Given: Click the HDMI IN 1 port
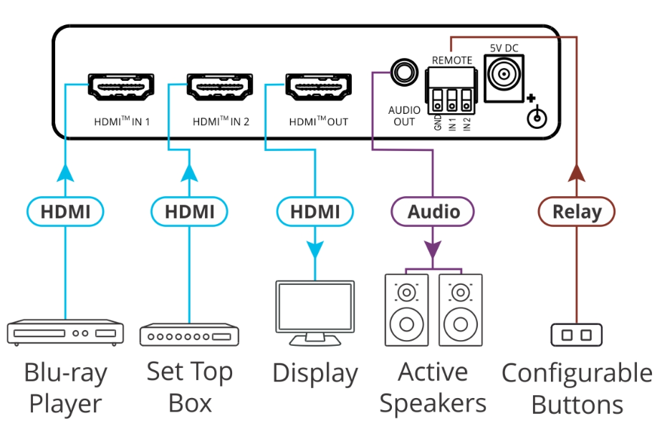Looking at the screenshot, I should (120, 87).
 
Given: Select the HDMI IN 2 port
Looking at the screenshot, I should (220, 87).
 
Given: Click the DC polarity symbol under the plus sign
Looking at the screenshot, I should (537, 117).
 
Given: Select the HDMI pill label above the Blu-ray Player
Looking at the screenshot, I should (65, 212).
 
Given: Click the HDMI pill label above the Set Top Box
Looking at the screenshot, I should (189, 212).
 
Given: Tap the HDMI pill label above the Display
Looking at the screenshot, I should (315, 212).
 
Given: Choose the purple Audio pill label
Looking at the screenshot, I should (433, 212).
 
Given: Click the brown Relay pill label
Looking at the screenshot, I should (577, 212).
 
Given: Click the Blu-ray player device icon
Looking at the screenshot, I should (65, 333).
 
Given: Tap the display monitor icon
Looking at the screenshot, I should (315, 309).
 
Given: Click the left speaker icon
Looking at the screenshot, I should (407, 310).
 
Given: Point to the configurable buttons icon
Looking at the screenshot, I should (577, 335).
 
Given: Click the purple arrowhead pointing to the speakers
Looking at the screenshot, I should (433, 249).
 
